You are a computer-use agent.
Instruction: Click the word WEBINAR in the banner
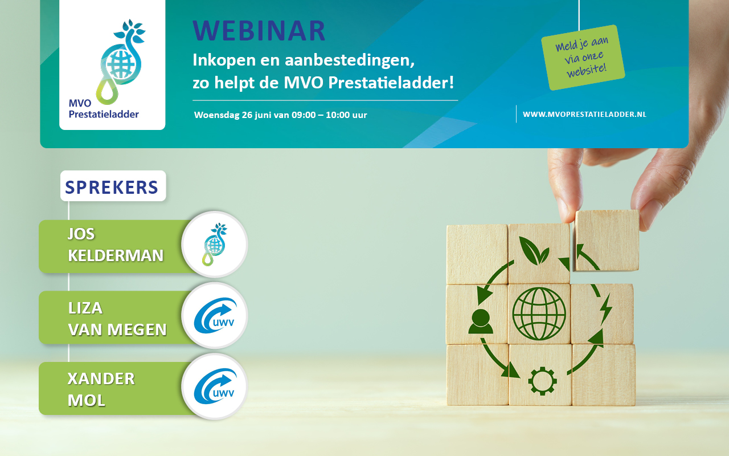pyautogui.click(x=259, y=31)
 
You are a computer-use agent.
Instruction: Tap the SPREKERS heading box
pyautogui.click(x=113, y=186)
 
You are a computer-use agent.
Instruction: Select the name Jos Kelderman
pyautogui.click(x=116, y=245)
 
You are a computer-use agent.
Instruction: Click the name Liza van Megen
pyautogui.click(x=117, y=319)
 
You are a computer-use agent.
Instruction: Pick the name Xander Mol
pyautogui.click(x=101, y=389)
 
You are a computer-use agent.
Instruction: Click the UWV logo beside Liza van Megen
pyautogui.click(x=215, y=315)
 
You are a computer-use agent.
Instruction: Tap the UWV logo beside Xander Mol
pyautogui.click(x=215, y=386)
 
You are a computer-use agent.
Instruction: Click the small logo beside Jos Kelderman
pyautogui.click(x=215, y=245)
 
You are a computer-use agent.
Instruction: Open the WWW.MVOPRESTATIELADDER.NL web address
pyautogui.click(x=584, y=115)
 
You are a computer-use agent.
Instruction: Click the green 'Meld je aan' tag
pyautogui.click(x=583, y=58)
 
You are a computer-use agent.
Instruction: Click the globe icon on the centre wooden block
pyautogui.click(x=539, y=313)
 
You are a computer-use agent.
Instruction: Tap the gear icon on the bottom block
pyautogui.click(x=542, y=381)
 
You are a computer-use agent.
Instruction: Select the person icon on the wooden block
pyautogui.click(x=480, y=321)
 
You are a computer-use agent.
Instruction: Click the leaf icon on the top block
pyautogui.click(x=534, y=250)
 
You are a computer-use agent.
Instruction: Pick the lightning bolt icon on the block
pyautogui.click(x=606, y=309)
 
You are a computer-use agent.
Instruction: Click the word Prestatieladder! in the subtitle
pyautogui.click(x=391, y=83)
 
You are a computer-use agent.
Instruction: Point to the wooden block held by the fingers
pyautogui.click(x=607, y=241)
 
